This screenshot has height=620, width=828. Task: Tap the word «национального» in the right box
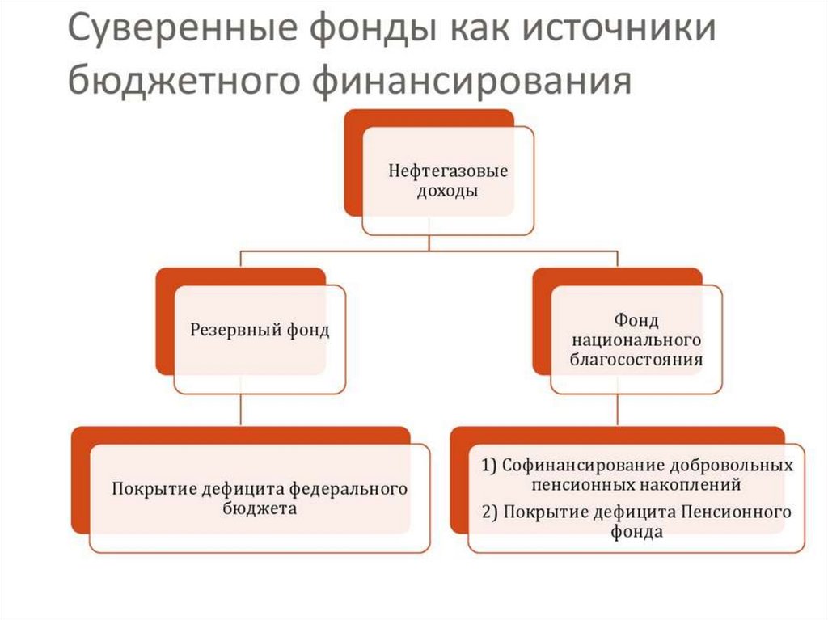click(x=625, y=340)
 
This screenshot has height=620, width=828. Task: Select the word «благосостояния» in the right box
click(x=625, y=358)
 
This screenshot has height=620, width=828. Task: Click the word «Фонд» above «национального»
click(x=625, y=320)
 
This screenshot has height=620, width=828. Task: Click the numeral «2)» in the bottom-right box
click(x=491, y=512)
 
